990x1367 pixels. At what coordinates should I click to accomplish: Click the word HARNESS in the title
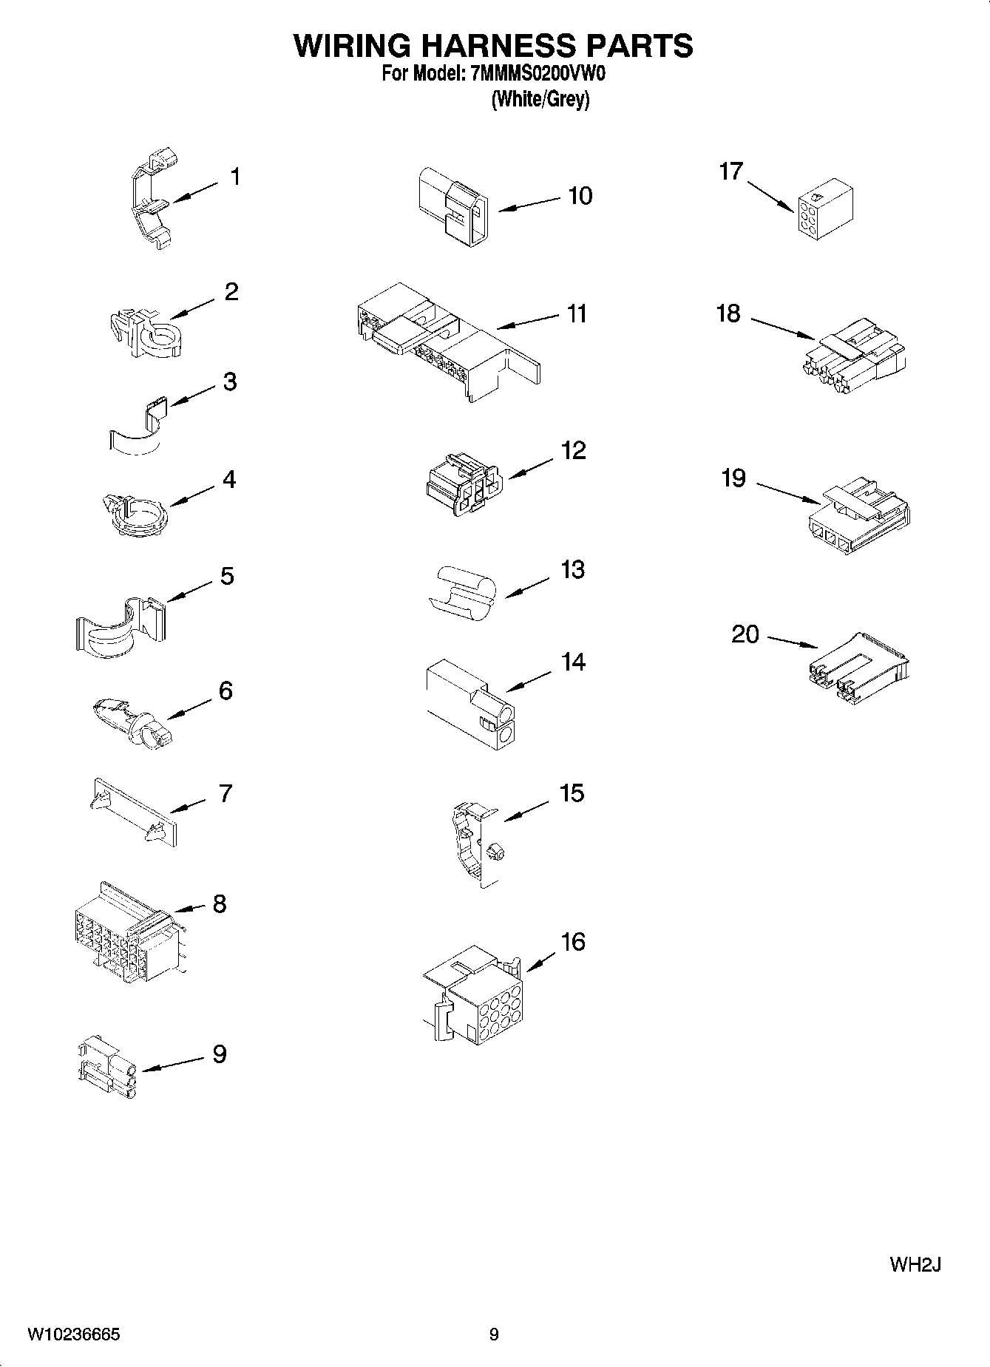[493, 46]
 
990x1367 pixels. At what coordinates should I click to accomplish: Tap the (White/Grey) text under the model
[540, 99]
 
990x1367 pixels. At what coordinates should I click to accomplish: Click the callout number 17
[730, 172]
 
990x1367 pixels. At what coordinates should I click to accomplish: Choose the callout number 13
[572, 570]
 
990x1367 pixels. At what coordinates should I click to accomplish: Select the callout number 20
[745, 634]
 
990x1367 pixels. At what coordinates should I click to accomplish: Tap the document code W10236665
[73, 1334]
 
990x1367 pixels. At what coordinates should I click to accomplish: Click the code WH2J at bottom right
[915, 1264]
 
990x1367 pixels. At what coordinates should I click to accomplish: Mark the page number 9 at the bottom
[494, 1334]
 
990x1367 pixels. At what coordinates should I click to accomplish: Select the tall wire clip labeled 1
[151, 201]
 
